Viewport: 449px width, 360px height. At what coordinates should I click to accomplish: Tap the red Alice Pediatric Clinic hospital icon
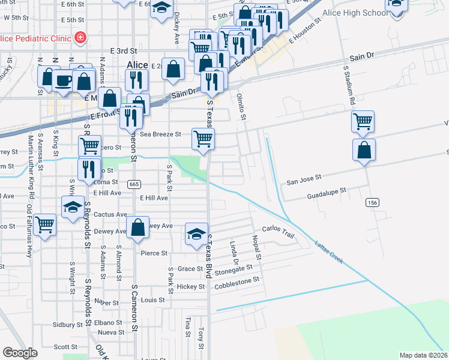[x=80, y=38]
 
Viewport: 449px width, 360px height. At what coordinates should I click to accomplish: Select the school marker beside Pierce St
[x=196, y=234]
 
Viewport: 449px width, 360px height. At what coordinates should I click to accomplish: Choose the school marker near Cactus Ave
[x=73, y=208]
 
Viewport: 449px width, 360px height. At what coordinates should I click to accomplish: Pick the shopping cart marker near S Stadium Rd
[x=363, y=121]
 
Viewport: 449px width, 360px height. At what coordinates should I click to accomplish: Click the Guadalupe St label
[x=327, y=193]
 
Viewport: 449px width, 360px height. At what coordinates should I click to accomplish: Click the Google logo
[x=20, y=353]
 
